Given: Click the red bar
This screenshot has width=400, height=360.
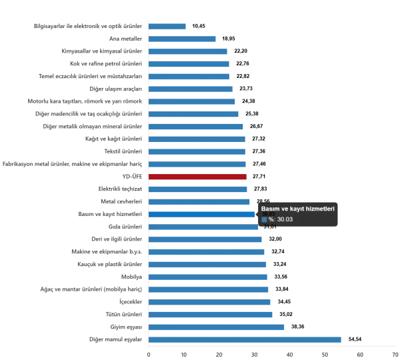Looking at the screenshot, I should [198, 177].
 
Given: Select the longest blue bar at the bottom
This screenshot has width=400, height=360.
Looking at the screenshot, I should [245, 340].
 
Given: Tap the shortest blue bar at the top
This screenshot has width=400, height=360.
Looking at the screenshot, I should [167, 26].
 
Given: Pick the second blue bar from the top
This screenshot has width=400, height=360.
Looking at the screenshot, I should [183, 37].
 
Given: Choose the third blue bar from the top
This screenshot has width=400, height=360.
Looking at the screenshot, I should [189, 52].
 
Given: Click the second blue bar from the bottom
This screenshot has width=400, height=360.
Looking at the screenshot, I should [218, 325].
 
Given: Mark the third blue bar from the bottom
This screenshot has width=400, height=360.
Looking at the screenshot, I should [213, 314].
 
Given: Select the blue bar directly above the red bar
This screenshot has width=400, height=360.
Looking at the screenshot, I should [199, 165].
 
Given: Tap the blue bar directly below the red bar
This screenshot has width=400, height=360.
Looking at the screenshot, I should [199, 189].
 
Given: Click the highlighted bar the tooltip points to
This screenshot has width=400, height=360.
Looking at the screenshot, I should [202, 213].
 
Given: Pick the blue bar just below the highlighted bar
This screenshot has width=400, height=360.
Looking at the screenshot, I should [203, 227].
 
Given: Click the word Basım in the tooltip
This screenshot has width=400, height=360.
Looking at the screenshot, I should [270, 209].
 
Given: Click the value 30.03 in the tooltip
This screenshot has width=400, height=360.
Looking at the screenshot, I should [285, 219].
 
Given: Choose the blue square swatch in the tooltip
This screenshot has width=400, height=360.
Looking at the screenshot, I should [264, 219].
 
